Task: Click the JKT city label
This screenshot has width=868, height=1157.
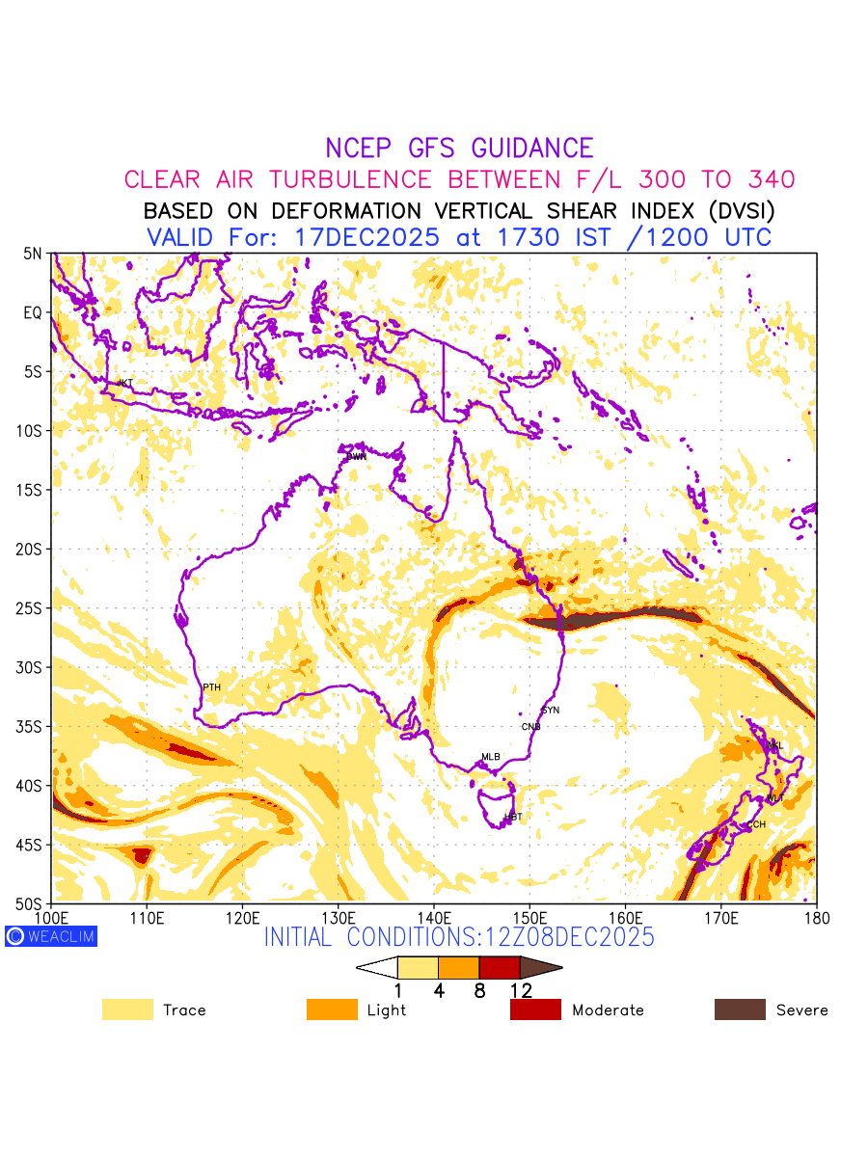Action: point(124,383)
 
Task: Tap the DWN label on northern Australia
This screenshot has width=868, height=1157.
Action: point(357,456)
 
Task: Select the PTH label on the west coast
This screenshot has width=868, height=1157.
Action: point(211,687)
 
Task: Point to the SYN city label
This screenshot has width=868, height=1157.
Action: point(551,711)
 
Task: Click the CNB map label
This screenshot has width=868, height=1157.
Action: point(530,727)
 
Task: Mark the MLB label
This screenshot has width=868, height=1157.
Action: point(491,757)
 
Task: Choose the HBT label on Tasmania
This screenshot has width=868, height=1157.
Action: point(513,818)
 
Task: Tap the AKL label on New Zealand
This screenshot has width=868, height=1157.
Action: point(774,746)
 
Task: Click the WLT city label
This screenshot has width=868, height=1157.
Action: point(775,798)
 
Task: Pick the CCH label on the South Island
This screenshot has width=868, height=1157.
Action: point(756,824)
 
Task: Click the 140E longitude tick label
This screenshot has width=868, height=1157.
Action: point(434,916)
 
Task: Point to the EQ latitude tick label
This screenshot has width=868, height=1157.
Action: point(34,312)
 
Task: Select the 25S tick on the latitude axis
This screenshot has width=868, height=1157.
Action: point(33,608)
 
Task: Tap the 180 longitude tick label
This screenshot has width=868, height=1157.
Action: point(816,916)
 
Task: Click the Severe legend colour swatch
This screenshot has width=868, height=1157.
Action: point(740,1009)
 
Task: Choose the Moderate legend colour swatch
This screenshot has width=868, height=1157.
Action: point(535,1009)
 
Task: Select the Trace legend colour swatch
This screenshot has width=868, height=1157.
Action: point(127,1009)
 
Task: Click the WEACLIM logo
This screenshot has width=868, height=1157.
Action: point(51,935)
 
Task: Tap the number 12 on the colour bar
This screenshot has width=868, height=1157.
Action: point(521,990)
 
